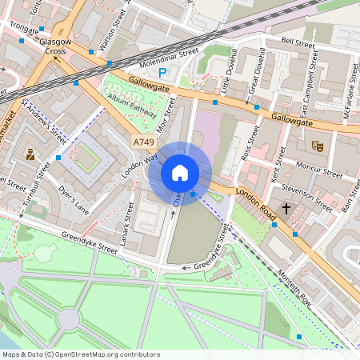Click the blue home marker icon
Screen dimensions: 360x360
pyautogui.click(x=180, y=173)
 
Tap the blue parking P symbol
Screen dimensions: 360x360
pyautogui.click(x=162, y=73)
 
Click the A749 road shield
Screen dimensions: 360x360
pyautogui.click(x=144, y=142)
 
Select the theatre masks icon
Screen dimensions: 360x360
pyautogui.click(x=317, y=146)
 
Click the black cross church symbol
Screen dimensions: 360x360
pyautogui.click(x=286, y=209)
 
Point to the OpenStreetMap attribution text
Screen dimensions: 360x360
pyautogui.click(x=80, y=354)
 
